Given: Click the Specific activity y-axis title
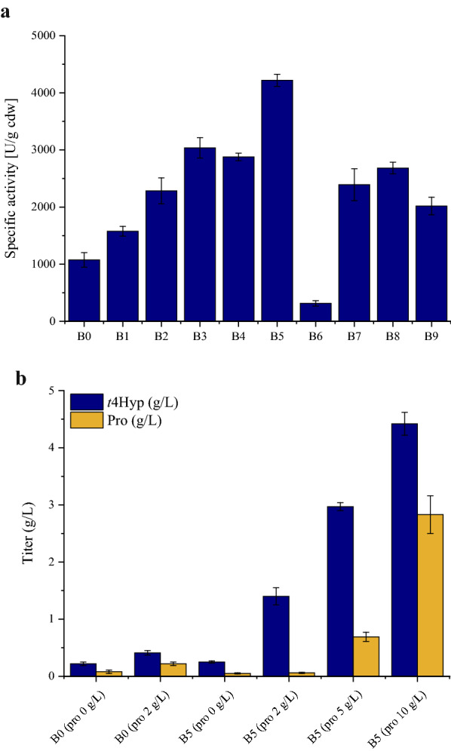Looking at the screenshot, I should point(11,179).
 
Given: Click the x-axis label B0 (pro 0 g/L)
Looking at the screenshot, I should point(79,713).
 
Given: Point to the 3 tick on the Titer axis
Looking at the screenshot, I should point(52,504).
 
